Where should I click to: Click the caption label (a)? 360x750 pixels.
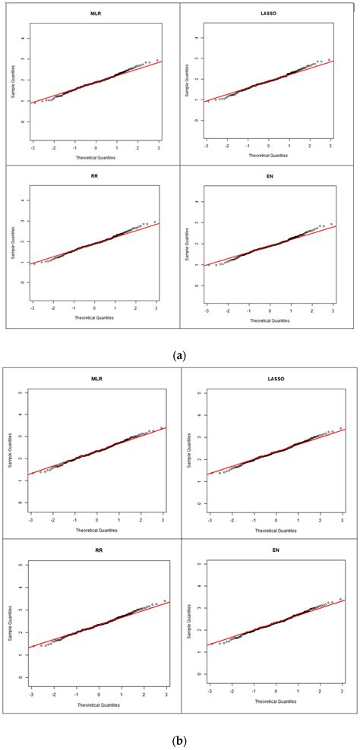coord(180,355)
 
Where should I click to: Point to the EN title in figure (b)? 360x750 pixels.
coord(270,550)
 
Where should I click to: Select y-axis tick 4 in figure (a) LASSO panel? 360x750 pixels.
coord(197,37)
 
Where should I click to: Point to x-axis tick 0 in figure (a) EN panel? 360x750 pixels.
coord(270,311)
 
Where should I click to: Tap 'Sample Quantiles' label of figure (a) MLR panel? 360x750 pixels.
coord(11,78)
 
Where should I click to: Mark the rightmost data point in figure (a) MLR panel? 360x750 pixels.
coord(157,60)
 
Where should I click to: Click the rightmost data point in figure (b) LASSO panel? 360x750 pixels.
coord(341,428)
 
